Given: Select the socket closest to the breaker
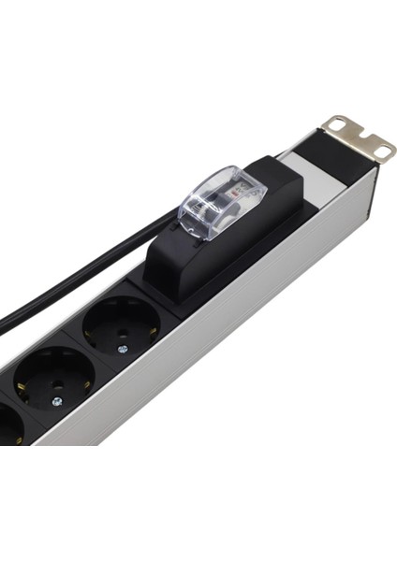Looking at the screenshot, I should pyautogui.click(x=121, y=324).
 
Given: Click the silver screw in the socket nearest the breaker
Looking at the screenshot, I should pyautogui.click(x=123, y=348).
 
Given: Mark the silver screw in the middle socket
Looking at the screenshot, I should pyautogui.click(x=56, y=401).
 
